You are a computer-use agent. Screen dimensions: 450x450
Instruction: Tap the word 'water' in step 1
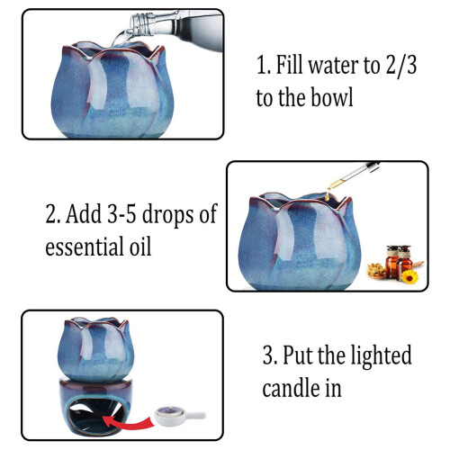[x=334, y=66]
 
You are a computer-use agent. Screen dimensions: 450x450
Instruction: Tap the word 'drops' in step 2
[x=167, y=215]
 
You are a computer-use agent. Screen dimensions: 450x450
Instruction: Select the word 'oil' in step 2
[x=140, y=247]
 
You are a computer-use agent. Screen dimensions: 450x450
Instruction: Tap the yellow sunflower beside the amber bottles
[x=409, y=276]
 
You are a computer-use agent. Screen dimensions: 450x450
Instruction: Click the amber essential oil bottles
[x=399, y=261]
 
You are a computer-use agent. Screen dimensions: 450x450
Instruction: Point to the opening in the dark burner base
[x=96, y=415]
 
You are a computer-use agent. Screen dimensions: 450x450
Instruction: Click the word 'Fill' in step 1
[x=289, y=65]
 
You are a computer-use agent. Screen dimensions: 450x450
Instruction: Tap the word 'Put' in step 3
[x=298, y=355]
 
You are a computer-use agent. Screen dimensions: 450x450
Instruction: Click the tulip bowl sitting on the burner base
[x=95, y=349]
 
